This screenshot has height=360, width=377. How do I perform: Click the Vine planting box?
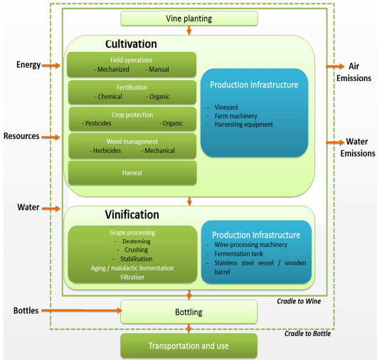(188, 18)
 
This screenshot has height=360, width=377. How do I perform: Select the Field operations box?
(132, 64)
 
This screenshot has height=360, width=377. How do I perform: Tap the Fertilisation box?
(132, 91)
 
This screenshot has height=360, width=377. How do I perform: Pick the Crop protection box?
(132, 118)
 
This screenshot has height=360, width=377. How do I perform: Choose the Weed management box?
(132, 145)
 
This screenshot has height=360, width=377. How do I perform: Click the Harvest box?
(132, 173)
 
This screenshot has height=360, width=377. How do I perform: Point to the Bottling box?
(188, 312)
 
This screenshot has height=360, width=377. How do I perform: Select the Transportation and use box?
(188, 346)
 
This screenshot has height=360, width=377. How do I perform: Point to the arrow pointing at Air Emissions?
(334, 65)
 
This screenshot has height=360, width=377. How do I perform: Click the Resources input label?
(21, 136)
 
